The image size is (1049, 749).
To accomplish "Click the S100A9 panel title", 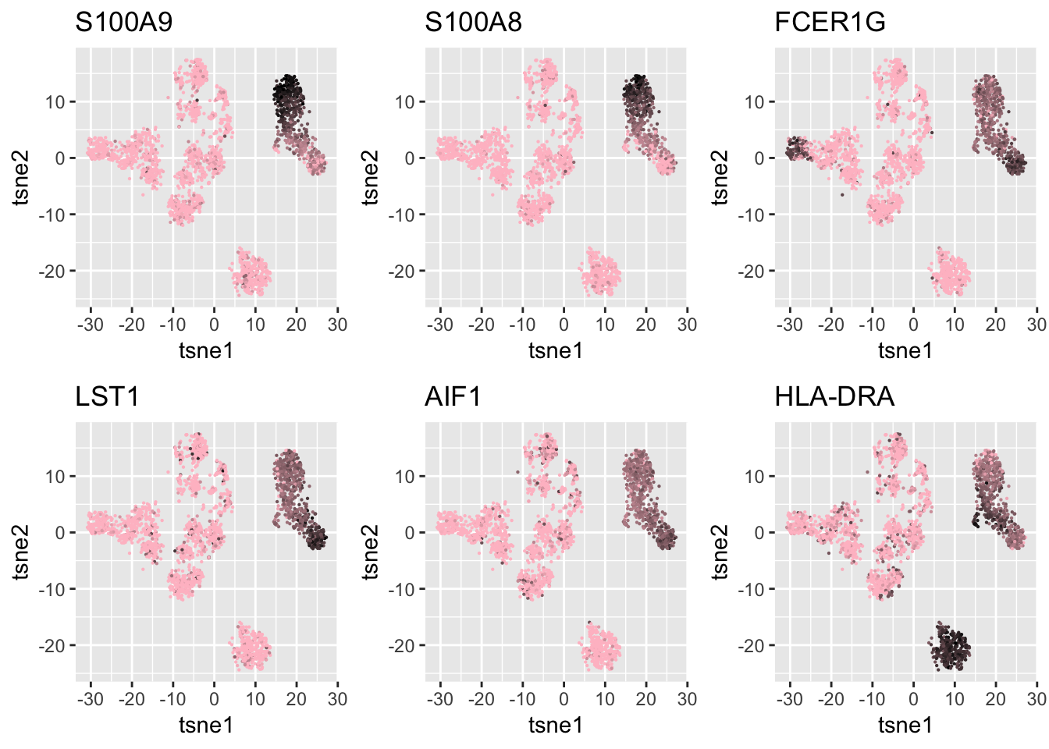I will click(x=123, y=23).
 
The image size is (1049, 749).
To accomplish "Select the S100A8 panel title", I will click(x=473, y=23).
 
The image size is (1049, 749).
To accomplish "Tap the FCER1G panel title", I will click(x=830, y=23).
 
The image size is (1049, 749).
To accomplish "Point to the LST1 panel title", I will click(x=107, y=397).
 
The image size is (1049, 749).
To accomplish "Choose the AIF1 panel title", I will click(x=453, y=397).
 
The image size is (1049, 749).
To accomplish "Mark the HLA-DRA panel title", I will click(x=834, y=397).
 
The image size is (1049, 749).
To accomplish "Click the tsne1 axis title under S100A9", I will click(x=206, y=350).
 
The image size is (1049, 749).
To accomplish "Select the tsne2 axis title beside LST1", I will click(x=22, y=552).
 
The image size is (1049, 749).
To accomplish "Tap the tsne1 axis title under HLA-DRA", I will click(x=905, y=725).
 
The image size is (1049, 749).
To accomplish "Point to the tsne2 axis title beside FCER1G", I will click(x=721, y=177).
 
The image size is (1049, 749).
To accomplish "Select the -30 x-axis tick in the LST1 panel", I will click(x=91, y=698).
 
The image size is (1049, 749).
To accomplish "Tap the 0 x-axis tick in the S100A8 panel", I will click(x=564, y=324).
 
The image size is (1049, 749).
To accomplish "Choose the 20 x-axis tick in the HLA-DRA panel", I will click(x=995, y=698).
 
